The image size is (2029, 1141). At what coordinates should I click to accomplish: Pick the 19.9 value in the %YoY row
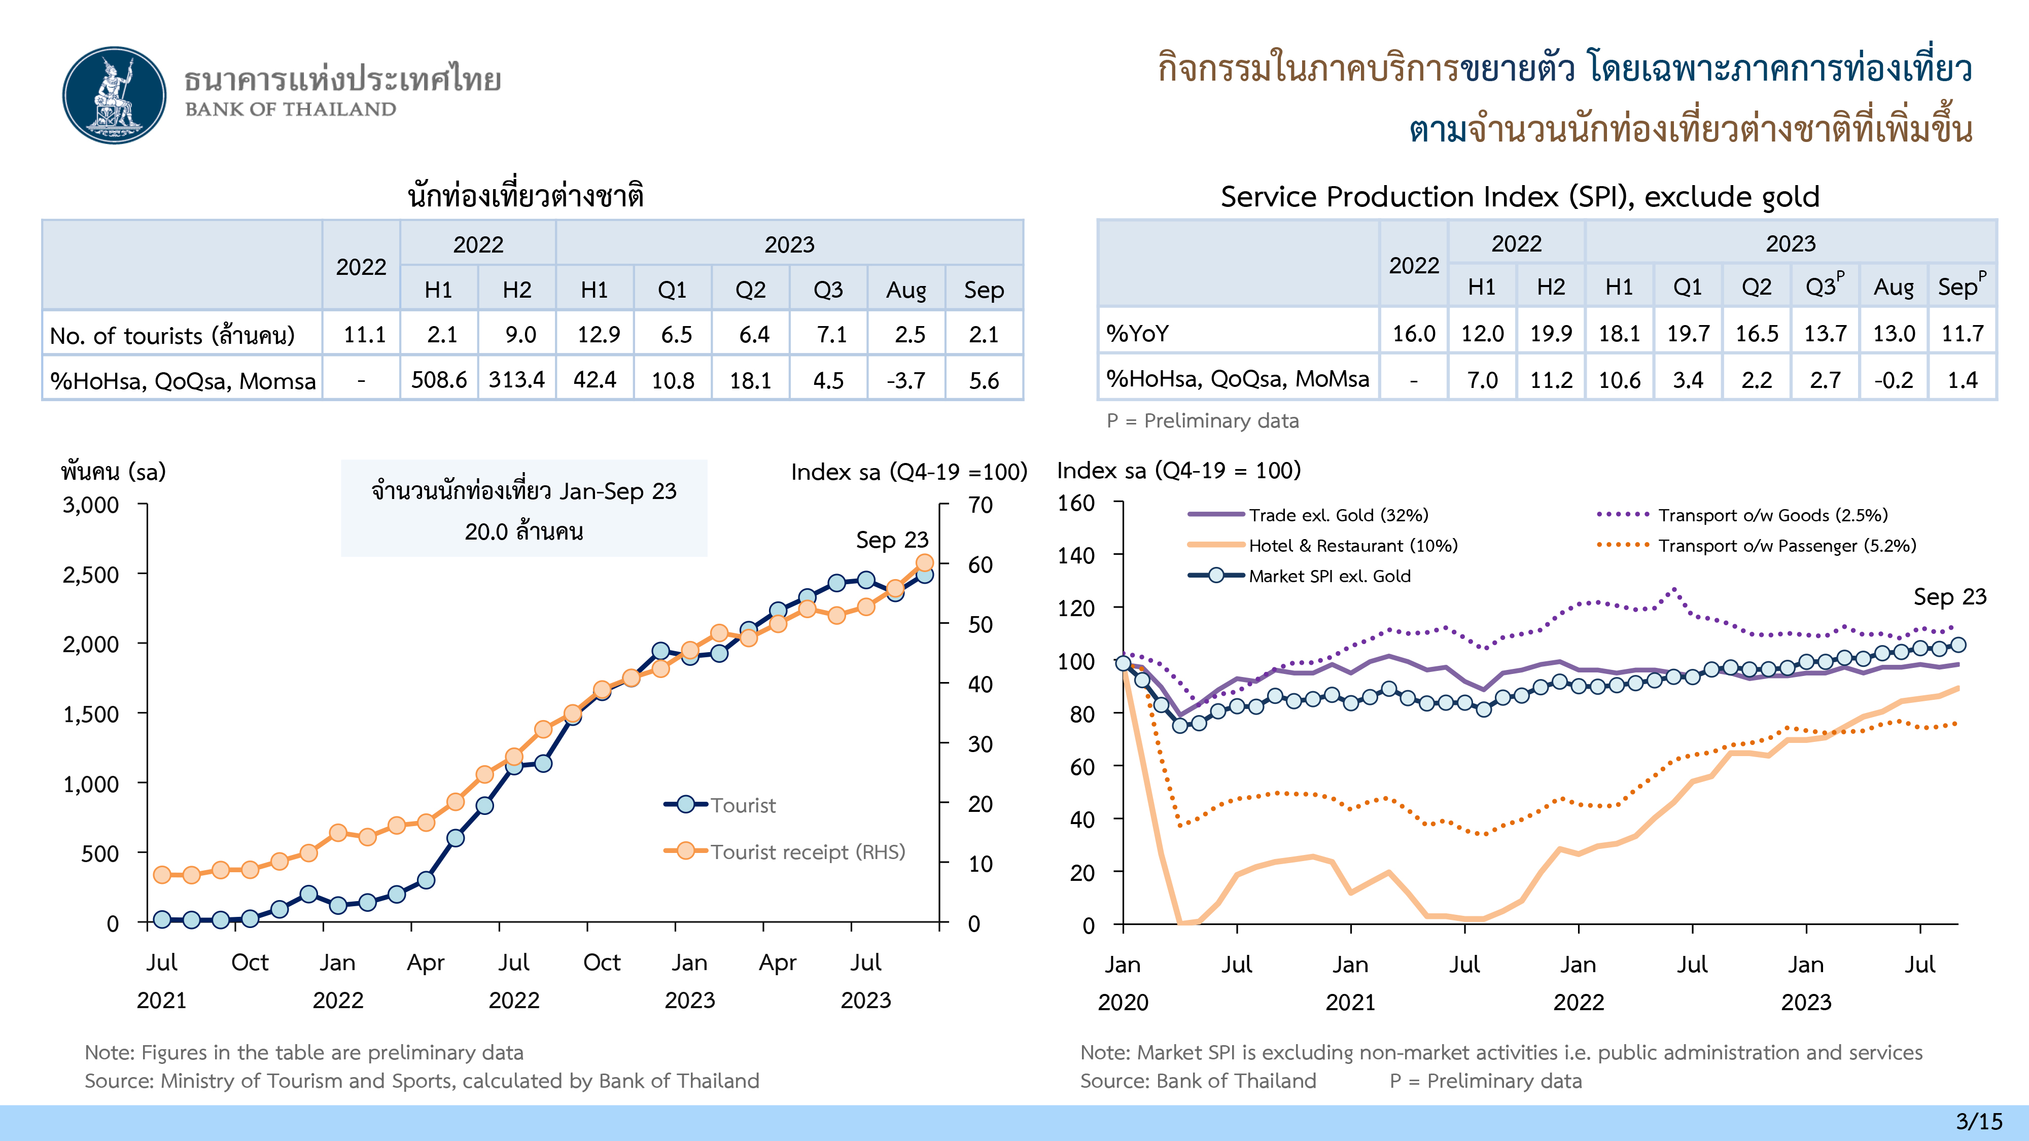(x=1550, y=333)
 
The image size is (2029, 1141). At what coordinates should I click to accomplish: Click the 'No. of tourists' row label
(x=172, y=335)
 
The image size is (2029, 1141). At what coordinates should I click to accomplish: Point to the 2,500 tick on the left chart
(x=91, y=575)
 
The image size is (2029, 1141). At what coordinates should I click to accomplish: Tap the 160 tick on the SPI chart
(x=1076, y=503)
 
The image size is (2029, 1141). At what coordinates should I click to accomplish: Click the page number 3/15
(x=1979, y=1121)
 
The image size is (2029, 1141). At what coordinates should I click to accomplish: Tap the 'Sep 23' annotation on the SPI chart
(x=1949, y=597)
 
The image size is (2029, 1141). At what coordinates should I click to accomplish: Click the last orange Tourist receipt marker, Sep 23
(x=925, y=562)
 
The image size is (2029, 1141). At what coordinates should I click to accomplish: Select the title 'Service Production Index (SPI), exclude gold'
(x=1519, y=196)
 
